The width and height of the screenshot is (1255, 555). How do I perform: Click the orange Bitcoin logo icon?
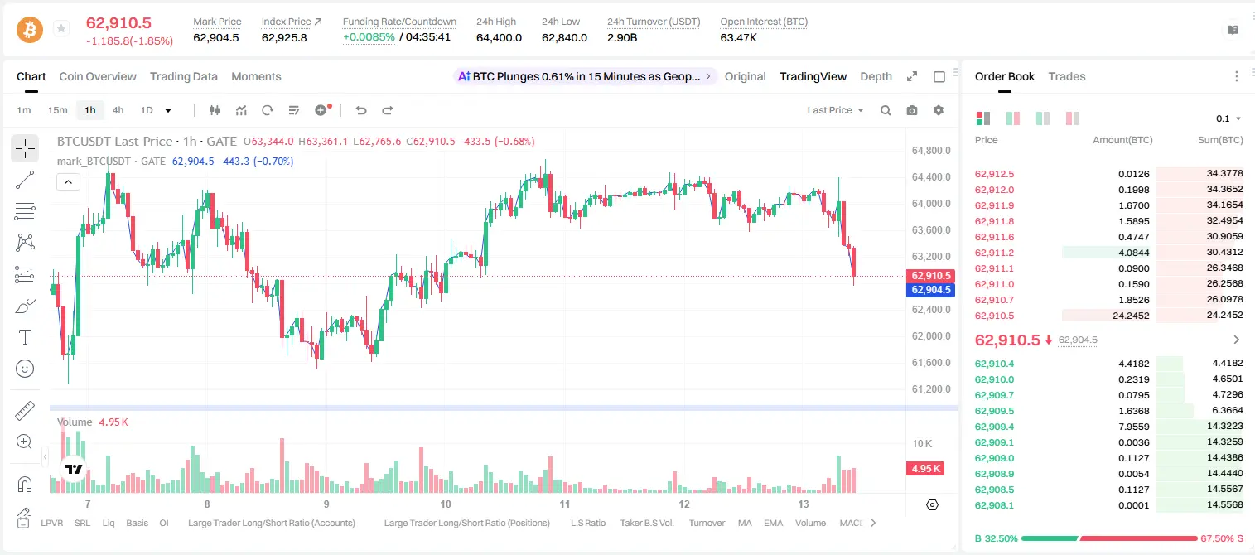pos(30,30)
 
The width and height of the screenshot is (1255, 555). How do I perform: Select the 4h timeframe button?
pos(118,110)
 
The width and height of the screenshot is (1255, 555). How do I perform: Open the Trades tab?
pos(1067,77)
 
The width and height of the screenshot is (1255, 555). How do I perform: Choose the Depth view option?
pos(876,77)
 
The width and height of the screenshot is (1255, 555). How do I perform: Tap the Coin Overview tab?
pos(98,77)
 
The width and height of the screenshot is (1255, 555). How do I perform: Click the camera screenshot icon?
pos(912,110)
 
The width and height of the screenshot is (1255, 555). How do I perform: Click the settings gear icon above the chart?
pos(939,110)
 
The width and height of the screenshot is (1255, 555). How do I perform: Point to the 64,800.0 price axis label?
pos(931,151)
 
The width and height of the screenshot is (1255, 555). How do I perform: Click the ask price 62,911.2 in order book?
pos(995,253)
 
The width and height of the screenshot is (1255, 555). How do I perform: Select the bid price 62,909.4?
pos(995,427)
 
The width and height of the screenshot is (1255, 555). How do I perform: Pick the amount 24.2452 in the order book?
pos(1131,316)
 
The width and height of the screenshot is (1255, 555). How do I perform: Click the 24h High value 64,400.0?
pos(499,37)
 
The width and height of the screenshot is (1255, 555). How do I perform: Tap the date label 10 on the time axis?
pos(446,504)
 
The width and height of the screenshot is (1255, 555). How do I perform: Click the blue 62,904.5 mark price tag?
pos(930,290)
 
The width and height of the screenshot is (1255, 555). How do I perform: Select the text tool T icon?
pos(25,337)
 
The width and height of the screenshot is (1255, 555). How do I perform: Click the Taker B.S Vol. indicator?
pos(646,523)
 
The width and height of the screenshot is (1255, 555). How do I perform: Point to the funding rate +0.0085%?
pos(369,37)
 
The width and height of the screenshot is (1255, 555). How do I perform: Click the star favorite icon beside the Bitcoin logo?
pos(61,28)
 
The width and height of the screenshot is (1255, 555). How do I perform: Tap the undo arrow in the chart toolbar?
pos(361,110)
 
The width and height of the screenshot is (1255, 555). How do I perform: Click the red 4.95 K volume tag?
pos(925,468)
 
